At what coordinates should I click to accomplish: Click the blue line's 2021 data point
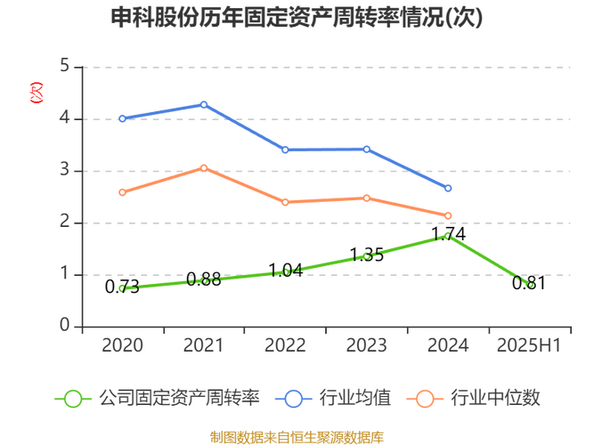coord(204,105)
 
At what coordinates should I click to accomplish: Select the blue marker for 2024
coord(448,188)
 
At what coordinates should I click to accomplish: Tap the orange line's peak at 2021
coord(204,167)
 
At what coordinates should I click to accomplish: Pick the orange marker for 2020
coord(123,192)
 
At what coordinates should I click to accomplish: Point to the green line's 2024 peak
coord(447,236)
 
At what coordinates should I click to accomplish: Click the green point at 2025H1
coord(528,285)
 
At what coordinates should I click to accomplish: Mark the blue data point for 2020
coord(123,117)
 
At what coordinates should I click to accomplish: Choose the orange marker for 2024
coord(448,215)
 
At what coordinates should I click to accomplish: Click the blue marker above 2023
coord(366,149)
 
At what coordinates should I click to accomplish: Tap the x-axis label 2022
coord(285,345)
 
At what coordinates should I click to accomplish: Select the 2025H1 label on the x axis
coord(528,345)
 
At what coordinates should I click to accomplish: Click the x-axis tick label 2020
coord(123,345)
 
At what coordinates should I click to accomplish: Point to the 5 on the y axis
coord(65,65)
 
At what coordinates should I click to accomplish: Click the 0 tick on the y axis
coord(65,324)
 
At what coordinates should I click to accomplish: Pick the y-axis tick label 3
coord(65,169)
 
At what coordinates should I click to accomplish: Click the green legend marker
coord(73,398)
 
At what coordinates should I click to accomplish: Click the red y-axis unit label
coord(36,92)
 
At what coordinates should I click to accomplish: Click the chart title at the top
coord(297,18)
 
